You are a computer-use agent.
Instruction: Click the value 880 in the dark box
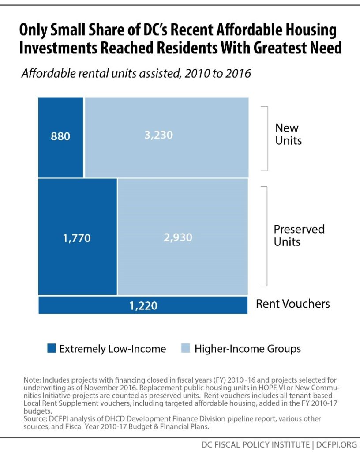click(x=60, y=136)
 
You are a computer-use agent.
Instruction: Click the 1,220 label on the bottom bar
click(x=143, y=305)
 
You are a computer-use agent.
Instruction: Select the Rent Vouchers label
click(x=293, y=304)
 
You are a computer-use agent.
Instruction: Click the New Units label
click(x=288, y=134)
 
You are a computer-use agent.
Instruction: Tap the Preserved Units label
click(x=299, y=235)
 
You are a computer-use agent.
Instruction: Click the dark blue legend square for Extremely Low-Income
click(x=52, y=349)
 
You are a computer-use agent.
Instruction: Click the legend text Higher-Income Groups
click(x=247, y=349)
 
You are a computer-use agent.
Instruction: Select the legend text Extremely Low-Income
click(x=112, y=349)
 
